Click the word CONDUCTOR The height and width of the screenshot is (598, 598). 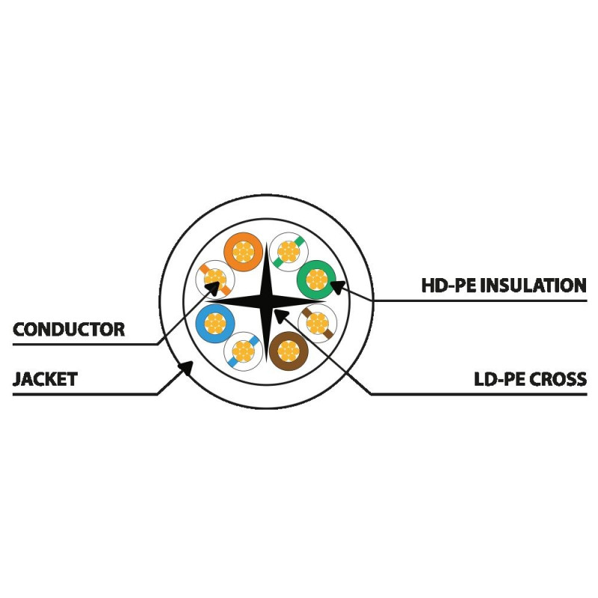click(69, 330)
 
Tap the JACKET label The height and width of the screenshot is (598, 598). click(45, 379)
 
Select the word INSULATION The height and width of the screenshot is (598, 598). click(533, 286)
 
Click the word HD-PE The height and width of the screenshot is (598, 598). click(449, 286)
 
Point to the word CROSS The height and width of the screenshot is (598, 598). click(559, 379)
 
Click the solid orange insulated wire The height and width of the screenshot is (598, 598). click(244, 252)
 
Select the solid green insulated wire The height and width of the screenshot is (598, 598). click(316, 280)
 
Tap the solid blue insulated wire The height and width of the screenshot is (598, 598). click(215, 324)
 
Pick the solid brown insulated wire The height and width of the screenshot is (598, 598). click(289, 351)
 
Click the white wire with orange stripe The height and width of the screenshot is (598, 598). click(215, 280)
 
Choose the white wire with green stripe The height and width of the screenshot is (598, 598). click(289, 252)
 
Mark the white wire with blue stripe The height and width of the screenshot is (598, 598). click(244, 351)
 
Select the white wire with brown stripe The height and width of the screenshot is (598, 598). click(317, 324)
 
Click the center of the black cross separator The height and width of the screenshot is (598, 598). click(266, 301)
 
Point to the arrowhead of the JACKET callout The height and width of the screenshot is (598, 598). click(186, 368)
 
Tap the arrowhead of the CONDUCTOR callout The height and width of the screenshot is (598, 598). click(213, 289)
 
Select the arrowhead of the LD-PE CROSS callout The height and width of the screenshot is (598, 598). click(281, 315)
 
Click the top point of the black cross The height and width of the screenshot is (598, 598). click(266, 242)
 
